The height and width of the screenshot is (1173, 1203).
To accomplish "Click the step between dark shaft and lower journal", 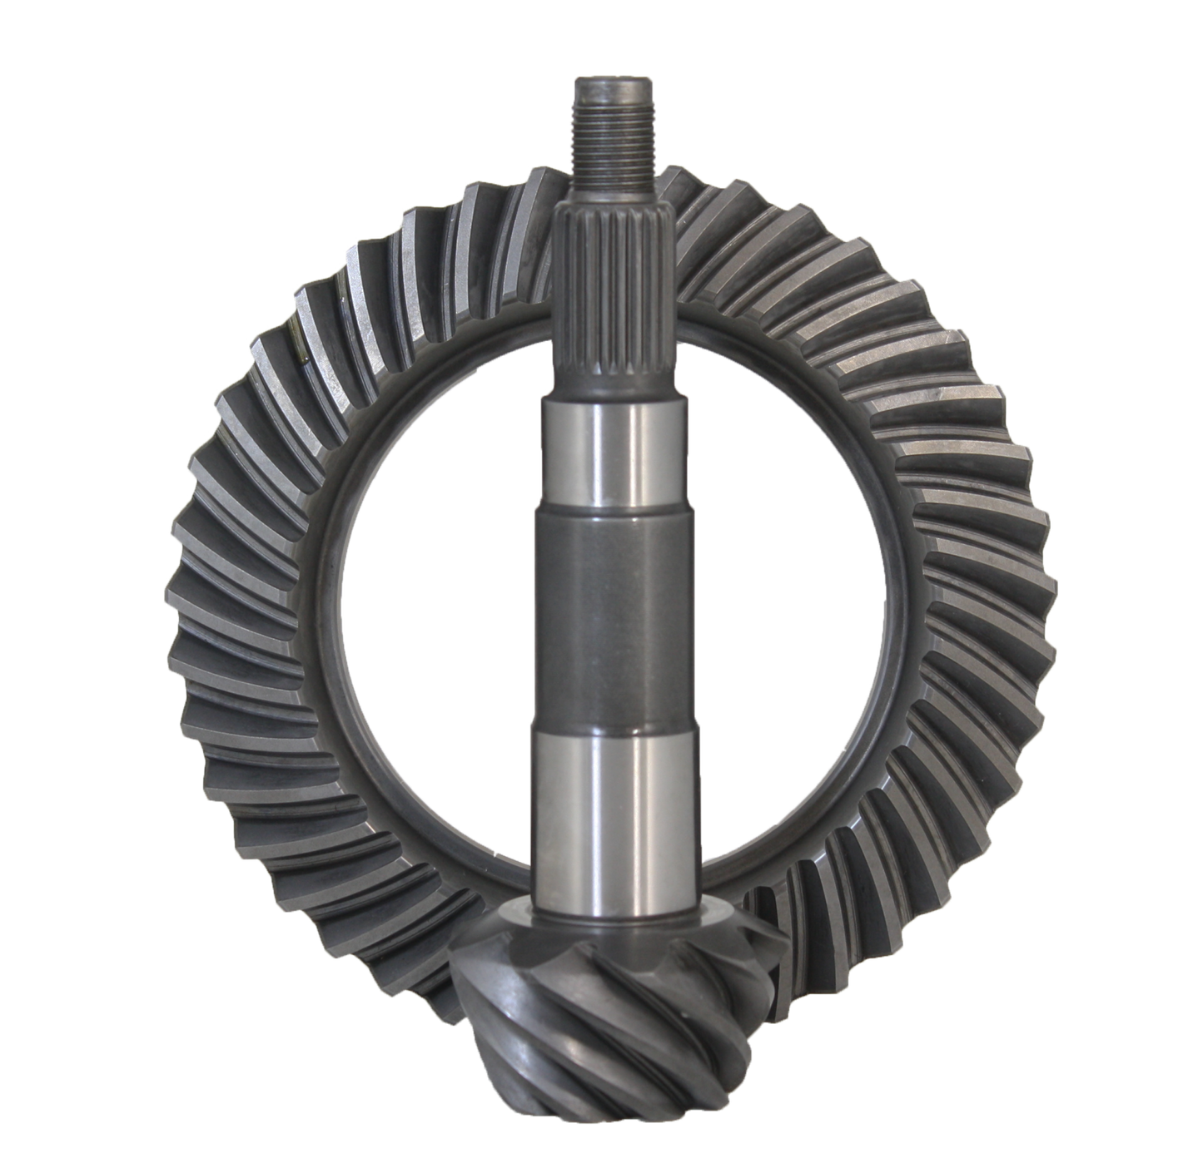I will click(x=614, y=732).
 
